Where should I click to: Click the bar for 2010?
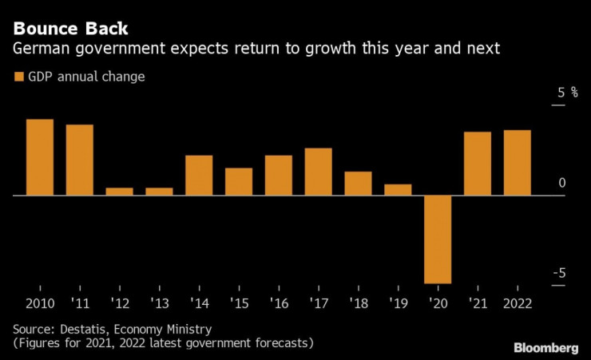pos(40,157)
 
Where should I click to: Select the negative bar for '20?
pos(438,239)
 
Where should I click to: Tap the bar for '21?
pos(478,164)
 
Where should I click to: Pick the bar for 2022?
pos(517,163)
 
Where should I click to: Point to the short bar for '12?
pos(119,192)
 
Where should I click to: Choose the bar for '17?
pos(318,172)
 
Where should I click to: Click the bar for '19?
pos(398,190)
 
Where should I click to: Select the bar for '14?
pos(199,175)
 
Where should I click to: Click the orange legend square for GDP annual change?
pos(19,77)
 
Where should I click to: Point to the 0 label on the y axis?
pos(562,183)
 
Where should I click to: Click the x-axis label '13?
pos(158,303)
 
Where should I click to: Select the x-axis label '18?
pos(358,303)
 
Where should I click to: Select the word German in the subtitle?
pos(37,49)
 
